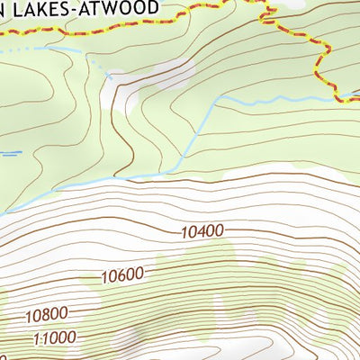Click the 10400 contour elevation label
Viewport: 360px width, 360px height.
click(x=202, y=231)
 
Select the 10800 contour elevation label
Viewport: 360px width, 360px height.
click(x=48, y=315)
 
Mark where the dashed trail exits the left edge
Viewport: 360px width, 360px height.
click(x=2, y=30)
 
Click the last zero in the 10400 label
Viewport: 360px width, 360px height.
click(x=218, y=230)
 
